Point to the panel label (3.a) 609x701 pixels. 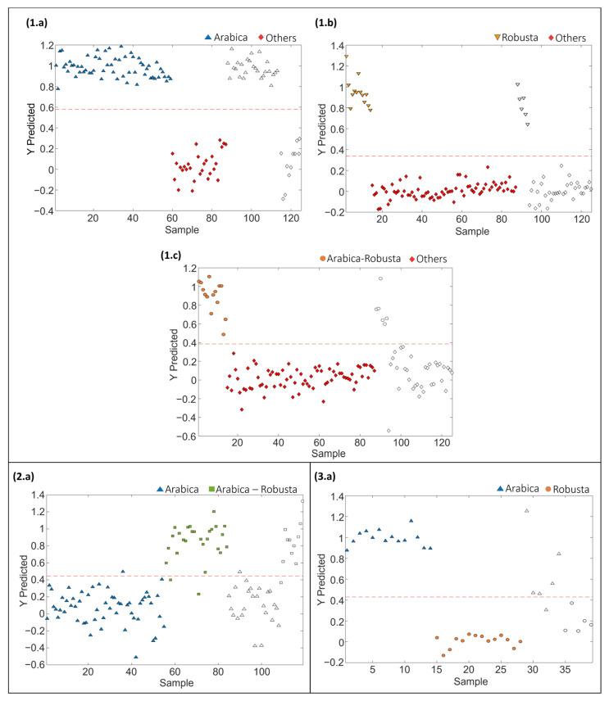point(332,477)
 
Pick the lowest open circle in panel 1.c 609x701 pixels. point(389,430)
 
